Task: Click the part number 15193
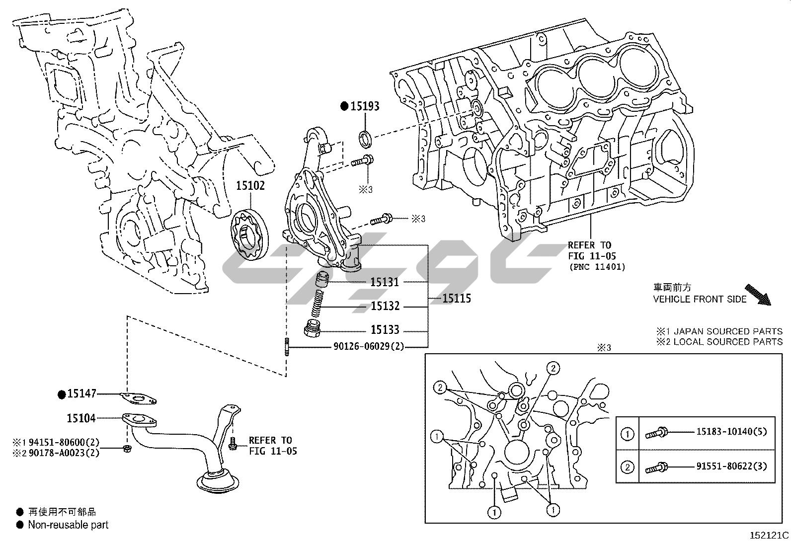tap(365, 106)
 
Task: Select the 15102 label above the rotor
tap(250, 186)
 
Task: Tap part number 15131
tap(385, 282)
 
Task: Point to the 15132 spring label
tap(385, 306)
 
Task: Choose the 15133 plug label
tap(385, 330)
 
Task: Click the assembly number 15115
tap(456, 298)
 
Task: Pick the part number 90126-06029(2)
tap(369, 346)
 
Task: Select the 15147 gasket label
tap(81, 394)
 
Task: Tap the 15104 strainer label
tap(81, 418)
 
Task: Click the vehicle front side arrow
tap(758, 295)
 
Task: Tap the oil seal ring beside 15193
tap(366, 139)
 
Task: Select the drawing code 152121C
tap(769, 536)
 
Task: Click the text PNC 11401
tap(597, 267)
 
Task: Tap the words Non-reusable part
tap(68, 525)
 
